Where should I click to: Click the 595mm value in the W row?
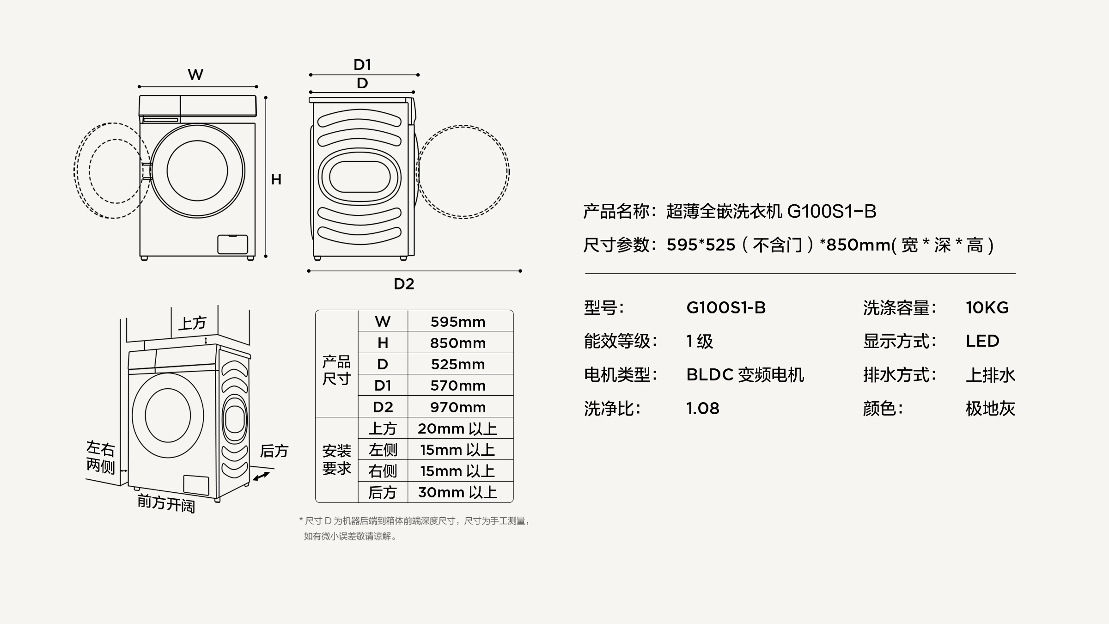click(x=457, y=322)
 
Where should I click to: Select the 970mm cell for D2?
click(x=457, y=407)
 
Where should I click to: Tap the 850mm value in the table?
click(x=457, y=343)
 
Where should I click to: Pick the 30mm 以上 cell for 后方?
click(x=457, y=492)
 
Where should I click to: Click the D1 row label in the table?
click(x=383, y=385)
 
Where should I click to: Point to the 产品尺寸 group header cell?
click(x=336, y=370)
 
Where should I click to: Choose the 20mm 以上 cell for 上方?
click(x=457, y=428)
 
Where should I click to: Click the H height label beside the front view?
click(x=276, y=179)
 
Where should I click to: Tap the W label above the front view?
click(x=195, y=74)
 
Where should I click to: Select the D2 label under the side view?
click(x=404, y=284)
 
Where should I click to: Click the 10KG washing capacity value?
click(x=987, y=308)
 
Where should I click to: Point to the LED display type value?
click(x=982, y=341)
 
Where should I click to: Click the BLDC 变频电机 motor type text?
click(x=745, y=375)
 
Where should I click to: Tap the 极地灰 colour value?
click(x=990, y=409)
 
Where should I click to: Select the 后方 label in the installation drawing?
click(x=274, y=451)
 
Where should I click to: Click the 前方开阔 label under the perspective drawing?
click(x=166, y=503)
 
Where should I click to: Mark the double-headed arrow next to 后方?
click(x=261, y=476)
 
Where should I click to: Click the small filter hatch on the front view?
click(x=232, y=244)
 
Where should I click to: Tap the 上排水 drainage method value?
click(x=990, y=375)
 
